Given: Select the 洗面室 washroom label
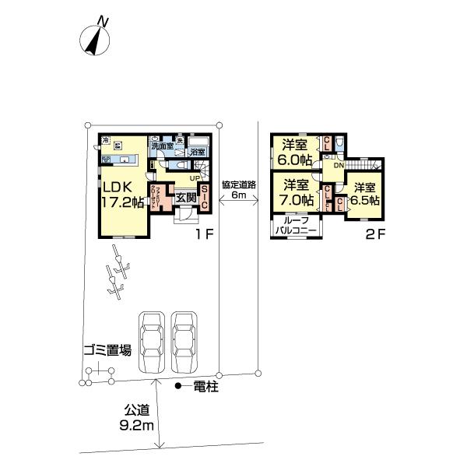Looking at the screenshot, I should [162, 146].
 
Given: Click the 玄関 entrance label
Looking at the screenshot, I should [186, 198].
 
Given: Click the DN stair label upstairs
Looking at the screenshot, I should [339, 166].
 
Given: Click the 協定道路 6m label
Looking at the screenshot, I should [239, 191].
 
